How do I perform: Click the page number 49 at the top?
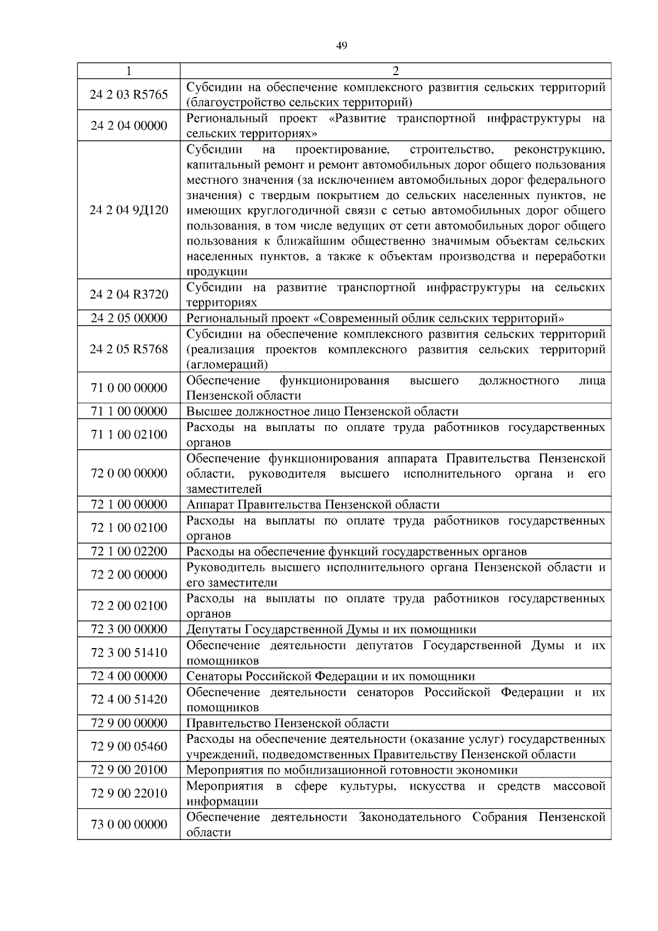(x=341, y=46)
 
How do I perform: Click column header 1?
(x=128, y=71)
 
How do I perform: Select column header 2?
(x=395, y=71)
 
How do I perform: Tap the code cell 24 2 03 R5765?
(x=128, y=94)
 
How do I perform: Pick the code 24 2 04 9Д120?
(x=128, y=210)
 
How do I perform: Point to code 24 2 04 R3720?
(x=128, y=294)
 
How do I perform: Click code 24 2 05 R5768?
(x=128, y=349)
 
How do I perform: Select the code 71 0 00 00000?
(x=128, y=388)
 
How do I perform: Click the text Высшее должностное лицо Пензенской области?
(x=322, y=411)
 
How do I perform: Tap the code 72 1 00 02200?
(x=128, y=551)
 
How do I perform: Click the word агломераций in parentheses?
(x=227, y=365)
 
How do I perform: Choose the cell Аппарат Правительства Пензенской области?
(x=313, y=504)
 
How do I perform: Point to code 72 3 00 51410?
(x=128, y=652)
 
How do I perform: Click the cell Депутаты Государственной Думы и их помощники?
(x=331, y=629)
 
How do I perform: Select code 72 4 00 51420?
(x=128, y=699)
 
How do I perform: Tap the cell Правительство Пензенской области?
(x=288, y=723)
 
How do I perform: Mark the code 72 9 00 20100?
(x=128, y=770)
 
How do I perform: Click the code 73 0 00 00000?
(x=128, y=824)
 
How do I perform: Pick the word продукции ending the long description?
(x=217, y=272)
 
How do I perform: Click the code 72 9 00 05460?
(x=128, y=746)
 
